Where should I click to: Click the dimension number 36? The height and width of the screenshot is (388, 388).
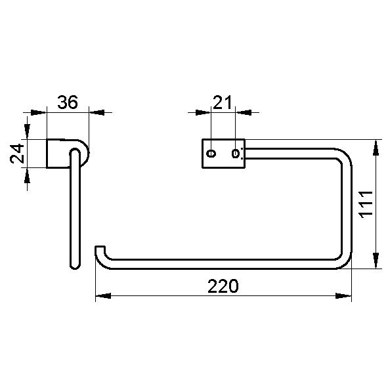click(68, 102)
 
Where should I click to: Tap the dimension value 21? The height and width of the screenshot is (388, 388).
click(223, 102)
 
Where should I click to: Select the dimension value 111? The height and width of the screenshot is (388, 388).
click(366, 204)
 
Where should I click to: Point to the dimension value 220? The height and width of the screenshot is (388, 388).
click(222, 286)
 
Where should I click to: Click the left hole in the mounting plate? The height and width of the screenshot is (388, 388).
click(211, 154)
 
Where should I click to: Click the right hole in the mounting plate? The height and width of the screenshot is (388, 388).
click(235, 154)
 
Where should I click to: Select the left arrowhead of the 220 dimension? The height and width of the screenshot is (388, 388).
click(102, 297)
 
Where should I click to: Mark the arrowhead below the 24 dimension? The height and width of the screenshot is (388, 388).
click(27, 175)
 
